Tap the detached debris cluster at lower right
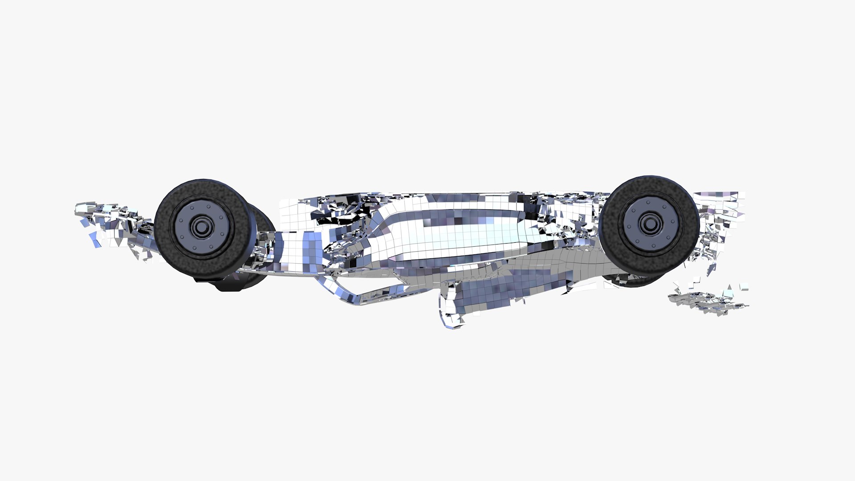(x=708, y=301)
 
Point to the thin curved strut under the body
(x=356, y=296)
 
